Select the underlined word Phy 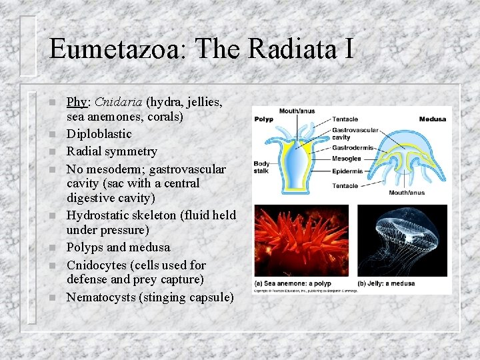coord(77,102)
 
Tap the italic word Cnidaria coord(118,102)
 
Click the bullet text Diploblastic coord(99,134)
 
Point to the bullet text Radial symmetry coord(111,151)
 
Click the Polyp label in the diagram coord(263,119)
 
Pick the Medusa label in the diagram coord(432,119)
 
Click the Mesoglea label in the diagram coord(348,159)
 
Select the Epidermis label coord(349,171)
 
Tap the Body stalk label coord(261,167)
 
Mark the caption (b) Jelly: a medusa coord(386,283)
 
